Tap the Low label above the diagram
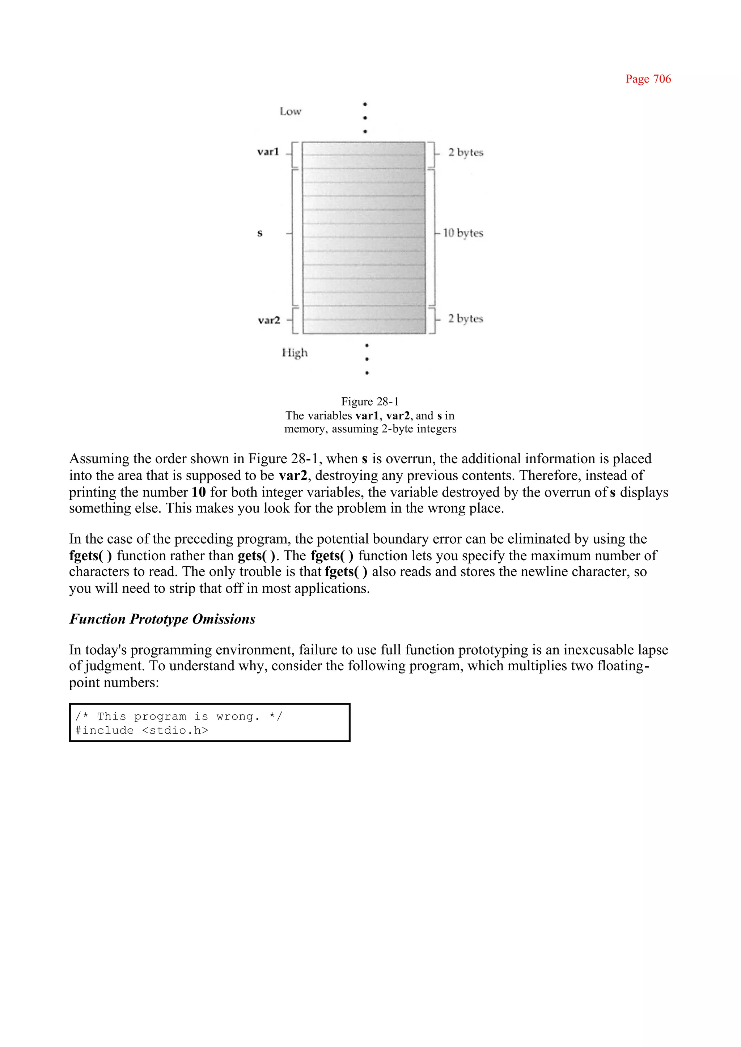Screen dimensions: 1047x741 pyautogui.click(x=291, y=111)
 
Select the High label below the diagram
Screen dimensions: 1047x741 pyautogui.click(x=295, y=353)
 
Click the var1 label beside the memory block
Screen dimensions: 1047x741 pyautogui.click(x=268, y=152)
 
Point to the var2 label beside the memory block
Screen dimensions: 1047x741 pyautogui.click(x=269, y=320)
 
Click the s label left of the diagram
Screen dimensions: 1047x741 pyautogui.click(x=260, y=233)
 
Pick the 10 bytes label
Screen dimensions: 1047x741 pyautogui.click(x=463, y=233)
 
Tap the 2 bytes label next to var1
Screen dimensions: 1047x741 pyautogui.click(x=465, y=152)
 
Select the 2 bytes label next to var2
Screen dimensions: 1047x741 pyautogui.click(x=465, y=318)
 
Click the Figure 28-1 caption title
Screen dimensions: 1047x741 pyautogui.click(x=370, y=402)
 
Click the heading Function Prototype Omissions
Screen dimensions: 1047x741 pyautogui.click(x=162, y=619)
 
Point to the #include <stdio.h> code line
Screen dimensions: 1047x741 pyautogui.click(x=141, y=730)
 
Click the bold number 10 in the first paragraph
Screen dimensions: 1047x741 pyautogui.click(x=199, y=492)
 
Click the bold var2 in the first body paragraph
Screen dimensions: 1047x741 pyautogui.click(x=293, y=476)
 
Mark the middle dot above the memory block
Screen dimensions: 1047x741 pyautogui.click(x=365, y=118)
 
